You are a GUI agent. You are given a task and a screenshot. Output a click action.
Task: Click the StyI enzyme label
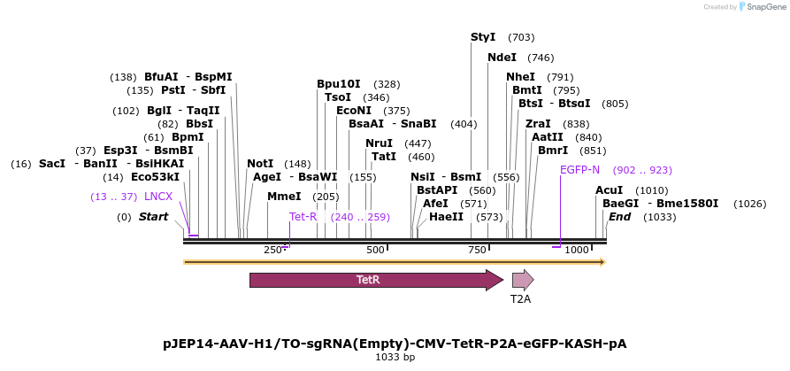point(483,37)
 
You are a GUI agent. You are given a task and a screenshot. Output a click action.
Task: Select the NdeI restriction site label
point(502,58)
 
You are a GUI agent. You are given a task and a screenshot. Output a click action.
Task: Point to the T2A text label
point(521,299)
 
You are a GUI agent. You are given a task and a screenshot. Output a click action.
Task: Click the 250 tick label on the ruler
point(273,251)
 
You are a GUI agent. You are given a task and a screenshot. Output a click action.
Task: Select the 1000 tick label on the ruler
point(577,251)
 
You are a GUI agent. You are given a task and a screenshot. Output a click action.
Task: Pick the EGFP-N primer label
point(579,170)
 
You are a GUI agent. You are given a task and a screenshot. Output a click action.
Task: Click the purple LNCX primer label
point(158,197)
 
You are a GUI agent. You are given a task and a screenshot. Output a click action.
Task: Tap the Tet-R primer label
point(303,217)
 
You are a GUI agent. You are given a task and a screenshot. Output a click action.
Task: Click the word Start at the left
point(153,217)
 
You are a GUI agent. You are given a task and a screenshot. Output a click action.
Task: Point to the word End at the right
point(619,217)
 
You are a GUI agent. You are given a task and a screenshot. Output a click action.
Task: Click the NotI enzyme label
point(260,164)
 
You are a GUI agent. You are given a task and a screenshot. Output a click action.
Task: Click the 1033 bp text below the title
point(395,358)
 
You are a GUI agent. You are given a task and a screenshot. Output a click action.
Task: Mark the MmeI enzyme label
point(284,197)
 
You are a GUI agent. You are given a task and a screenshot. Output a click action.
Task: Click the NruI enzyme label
point(379,143)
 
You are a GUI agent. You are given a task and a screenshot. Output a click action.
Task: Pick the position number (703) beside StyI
point(521,37)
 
